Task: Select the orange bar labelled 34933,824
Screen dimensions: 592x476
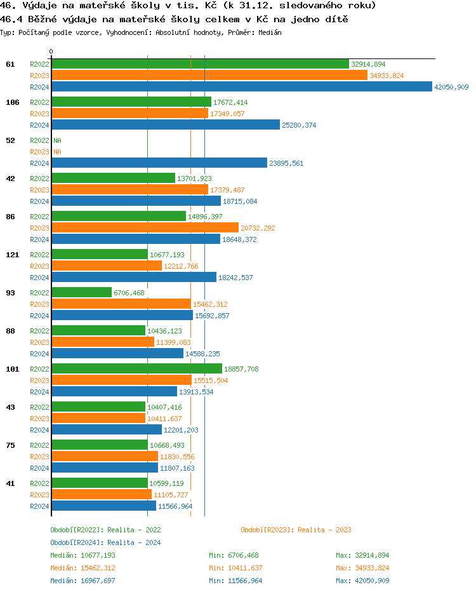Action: [x=209, y=76]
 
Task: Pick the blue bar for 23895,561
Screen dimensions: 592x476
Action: [x=159, y=163]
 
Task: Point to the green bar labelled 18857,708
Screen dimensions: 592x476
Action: [x=136, y=369]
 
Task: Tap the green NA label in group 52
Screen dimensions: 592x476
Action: [x=57, y=140]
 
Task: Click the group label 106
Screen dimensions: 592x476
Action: [x=11, y=102]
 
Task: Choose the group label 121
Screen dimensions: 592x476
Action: [x=11, y=255]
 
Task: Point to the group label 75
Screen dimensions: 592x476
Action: [x=10, y=445]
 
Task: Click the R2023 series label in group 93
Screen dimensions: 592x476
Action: [x=39, y=304]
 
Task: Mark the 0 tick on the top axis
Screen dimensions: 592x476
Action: [x=51, y=51]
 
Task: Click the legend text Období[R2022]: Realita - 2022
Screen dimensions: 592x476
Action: [x=105, y=530]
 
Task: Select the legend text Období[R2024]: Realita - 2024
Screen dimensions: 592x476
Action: [x=105, y=542]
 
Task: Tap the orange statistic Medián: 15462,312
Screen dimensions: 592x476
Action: [x=83, y=568]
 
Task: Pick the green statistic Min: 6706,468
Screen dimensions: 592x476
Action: [x=234, y=555]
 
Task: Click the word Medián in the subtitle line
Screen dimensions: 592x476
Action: [x=270, y=32]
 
